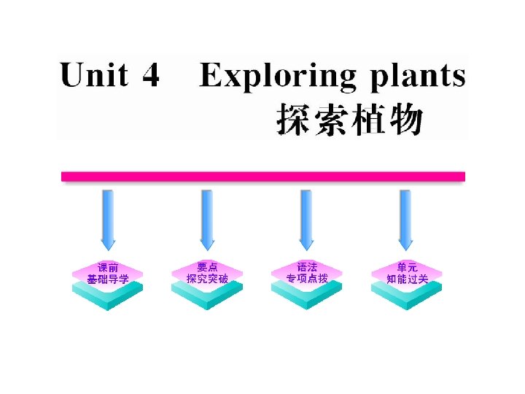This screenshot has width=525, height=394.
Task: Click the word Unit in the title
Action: tap(94, 76)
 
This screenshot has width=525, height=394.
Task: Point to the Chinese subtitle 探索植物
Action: tap(349, 119)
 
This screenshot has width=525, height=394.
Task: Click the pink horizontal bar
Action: tap(262, 177)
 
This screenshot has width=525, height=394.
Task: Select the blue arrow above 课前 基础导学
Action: tap(108, 217)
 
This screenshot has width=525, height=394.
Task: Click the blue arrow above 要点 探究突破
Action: tap(207, 217)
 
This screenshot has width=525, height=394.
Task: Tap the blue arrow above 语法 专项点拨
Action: tap(307, 217)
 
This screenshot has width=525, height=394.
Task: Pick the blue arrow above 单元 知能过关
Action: tap(407, 217)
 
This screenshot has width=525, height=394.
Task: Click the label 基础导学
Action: tap(108, 279)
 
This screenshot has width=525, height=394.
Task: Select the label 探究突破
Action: tap(207, 279)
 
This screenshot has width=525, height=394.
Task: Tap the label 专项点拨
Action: tap(307, 279)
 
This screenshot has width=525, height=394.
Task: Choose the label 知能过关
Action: tap(407, 279)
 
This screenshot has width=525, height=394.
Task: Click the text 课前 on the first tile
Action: tap(108, 267)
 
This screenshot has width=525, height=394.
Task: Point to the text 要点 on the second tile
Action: tap(207, 267)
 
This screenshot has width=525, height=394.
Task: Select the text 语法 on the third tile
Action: tap(307, 267)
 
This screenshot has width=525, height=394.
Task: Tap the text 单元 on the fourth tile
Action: tap(407, 267)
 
